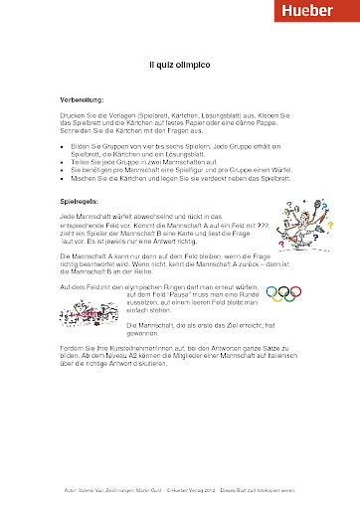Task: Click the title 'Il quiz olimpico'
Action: coord(179,64)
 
